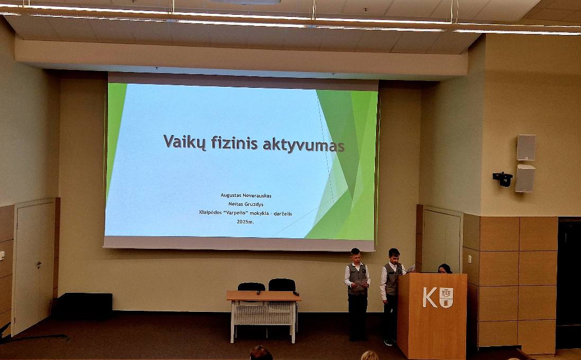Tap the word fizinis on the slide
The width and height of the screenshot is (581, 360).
click(x=234, y=142)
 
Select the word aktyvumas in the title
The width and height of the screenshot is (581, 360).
click(x=303, y=145)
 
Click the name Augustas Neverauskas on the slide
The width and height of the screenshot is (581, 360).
click(x=246, y=195)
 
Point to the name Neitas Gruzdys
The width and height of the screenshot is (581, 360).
click(x=246, y=204)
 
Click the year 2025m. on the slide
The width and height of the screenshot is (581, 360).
click(x=245, y=221)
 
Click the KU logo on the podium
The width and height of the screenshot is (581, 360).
click(x=438, y=298)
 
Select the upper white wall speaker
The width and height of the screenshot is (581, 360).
click(x=526, y=147)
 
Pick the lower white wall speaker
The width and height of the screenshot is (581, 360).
click(x=525, y=178)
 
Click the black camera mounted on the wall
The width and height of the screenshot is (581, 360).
click(x=503, y=178)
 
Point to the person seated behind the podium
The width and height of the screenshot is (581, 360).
click(x=444, y=268)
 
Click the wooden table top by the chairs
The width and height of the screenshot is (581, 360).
click(x=263, y=295)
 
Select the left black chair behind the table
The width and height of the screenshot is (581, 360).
click(x=251, y=286)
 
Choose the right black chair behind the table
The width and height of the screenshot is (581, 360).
click(x=282, y=285)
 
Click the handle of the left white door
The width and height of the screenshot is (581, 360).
click(x=39, y=264)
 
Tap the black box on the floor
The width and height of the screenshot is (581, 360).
click(x=82, y=306)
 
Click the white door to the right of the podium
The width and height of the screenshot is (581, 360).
click(x=442, y=241)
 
